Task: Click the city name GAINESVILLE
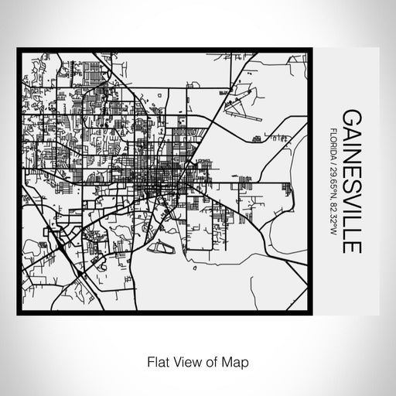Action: point(350,183)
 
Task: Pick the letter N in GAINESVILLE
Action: point(350,158)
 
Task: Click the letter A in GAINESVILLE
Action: point(350,133)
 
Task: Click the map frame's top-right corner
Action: point(313,50)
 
